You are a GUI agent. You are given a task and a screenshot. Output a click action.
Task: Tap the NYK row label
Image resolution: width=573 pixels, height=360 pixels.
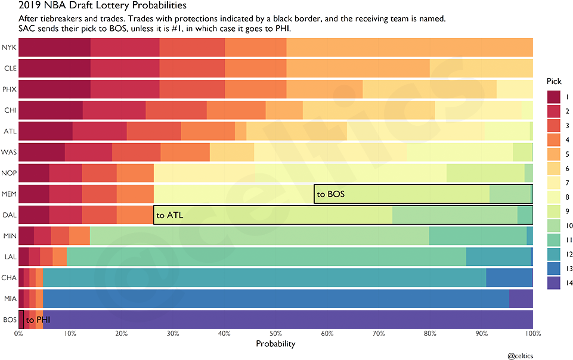(x=9, y=47)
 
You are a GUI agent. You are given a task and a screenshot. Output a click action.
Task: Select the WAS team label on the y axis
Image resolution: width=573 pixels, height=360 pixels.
(x=9, y=152)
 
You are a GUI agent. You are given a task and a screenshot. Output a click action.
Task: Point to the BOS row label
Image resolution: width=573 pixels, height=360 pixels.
(x=9, y=320)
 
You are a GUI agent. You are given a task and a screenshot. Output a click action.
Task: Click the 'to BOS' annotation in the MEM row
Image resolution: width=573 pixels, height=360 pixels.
(x=331, y=194)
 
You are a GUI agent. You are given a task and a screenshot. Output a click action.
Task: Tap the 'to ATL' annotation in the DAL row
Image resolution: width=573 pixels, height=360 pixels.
(x=169, y=215)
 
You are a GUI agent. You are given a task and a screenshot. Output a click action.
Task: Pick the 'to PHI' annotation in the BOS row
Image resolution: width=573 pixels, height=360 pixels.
(x=38, y=320)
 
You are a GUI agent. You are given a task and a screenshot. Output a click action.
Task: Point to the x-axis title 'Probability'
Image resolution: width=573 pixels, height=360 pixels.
(x=275, y=344)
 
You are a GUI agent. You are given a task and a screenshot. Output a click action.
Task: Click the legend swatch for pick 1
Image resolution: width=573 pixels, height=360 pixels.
(x=553, y=97)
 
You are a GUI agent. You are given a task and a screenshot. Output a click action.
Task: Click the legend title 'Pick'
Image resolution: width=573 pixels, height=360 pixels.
(x=555, y=81)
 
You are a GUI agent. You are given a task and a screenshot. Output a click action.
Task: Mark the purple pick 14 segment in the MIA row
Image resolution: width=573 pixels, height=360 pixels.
(x=521, y=299)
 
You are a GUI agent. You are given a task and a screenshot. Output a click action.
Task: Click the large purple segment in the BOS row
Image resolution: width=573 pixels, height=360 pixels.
(x=286, y=320)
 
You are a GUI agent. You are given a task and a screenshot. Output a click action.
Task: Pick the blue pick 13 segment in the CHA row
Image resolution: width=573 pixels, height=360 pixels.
(x=509, y=278)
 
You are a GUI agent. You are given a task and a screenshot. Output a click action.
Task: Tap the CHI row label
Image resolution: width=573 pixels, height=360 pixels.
(x=9, y=110)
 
